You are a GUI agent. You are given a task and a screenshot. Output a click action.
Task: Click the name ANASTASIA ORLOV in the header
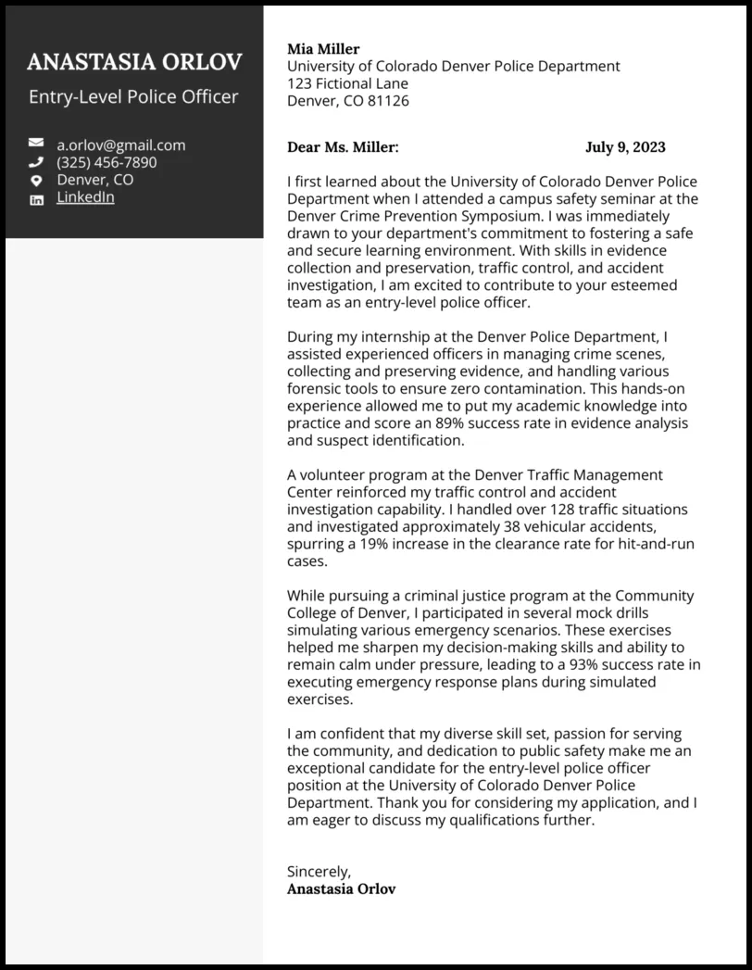[134, 62]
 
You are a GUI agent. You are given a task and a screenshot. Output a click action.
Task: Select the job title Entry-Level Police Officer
[133, 96]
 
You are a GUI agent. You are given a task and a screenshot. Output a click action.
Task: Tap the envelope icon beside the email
[36, 144]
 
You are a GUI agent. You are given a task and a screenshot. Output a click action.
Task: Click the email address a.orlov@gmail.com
[120, 145]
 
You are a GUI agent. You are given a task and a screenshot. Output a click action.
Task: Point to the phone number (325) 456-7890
[107, 162]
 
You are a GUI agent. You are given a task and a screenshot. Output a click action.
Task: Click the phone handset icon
[36, 162]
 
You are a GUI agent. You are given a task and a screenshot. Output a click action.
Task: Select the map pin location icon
[36, 180]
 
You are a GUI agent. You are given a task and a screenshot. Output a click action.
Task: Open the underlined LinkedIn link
[85, 197]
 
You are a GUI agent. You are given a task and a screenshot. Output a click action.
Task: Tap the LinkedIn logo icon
[36, 198]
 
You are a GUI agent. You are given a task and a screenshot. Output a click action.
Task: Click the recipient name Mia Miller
[323, 49]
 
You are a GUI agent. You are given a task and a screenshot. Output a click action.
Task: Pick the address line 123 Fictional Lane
[347, 83]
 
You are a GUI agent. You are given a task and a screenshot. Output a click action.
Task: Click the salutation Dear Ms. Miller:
[343, 147]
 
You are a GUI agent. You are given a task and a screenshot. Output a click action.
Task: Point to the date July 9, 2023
[625, 147]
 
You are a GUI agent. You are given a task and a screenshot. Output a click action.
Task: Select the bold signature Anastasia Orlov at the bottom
[341, 889]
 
